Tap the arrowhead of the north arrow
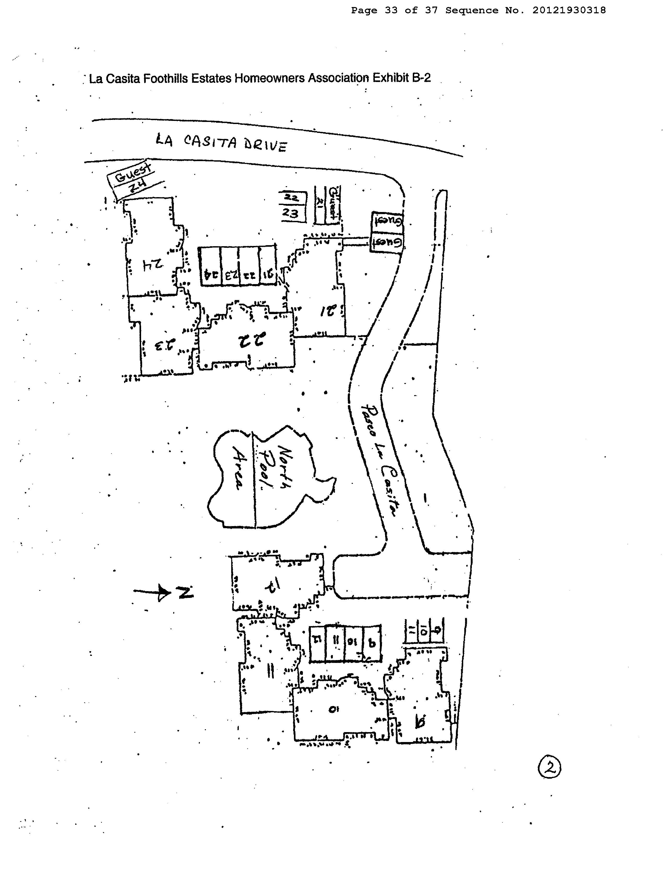tap(164, 592)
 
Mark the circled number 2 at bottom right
tap(549, 769)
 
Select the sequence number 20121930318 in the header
tap(569, 10)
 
